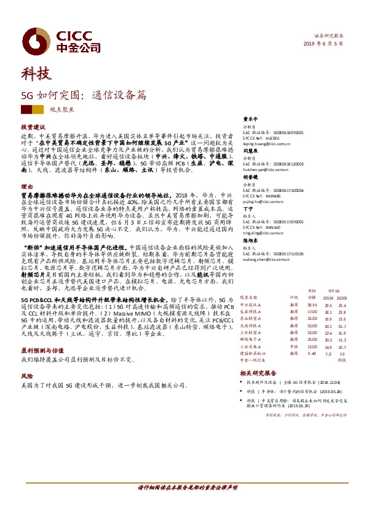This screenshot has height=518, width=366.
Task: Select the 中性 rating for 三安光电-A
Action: coord(293,348)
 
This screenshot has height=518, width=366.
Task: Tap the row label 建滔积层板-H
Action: coord(252,354)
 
